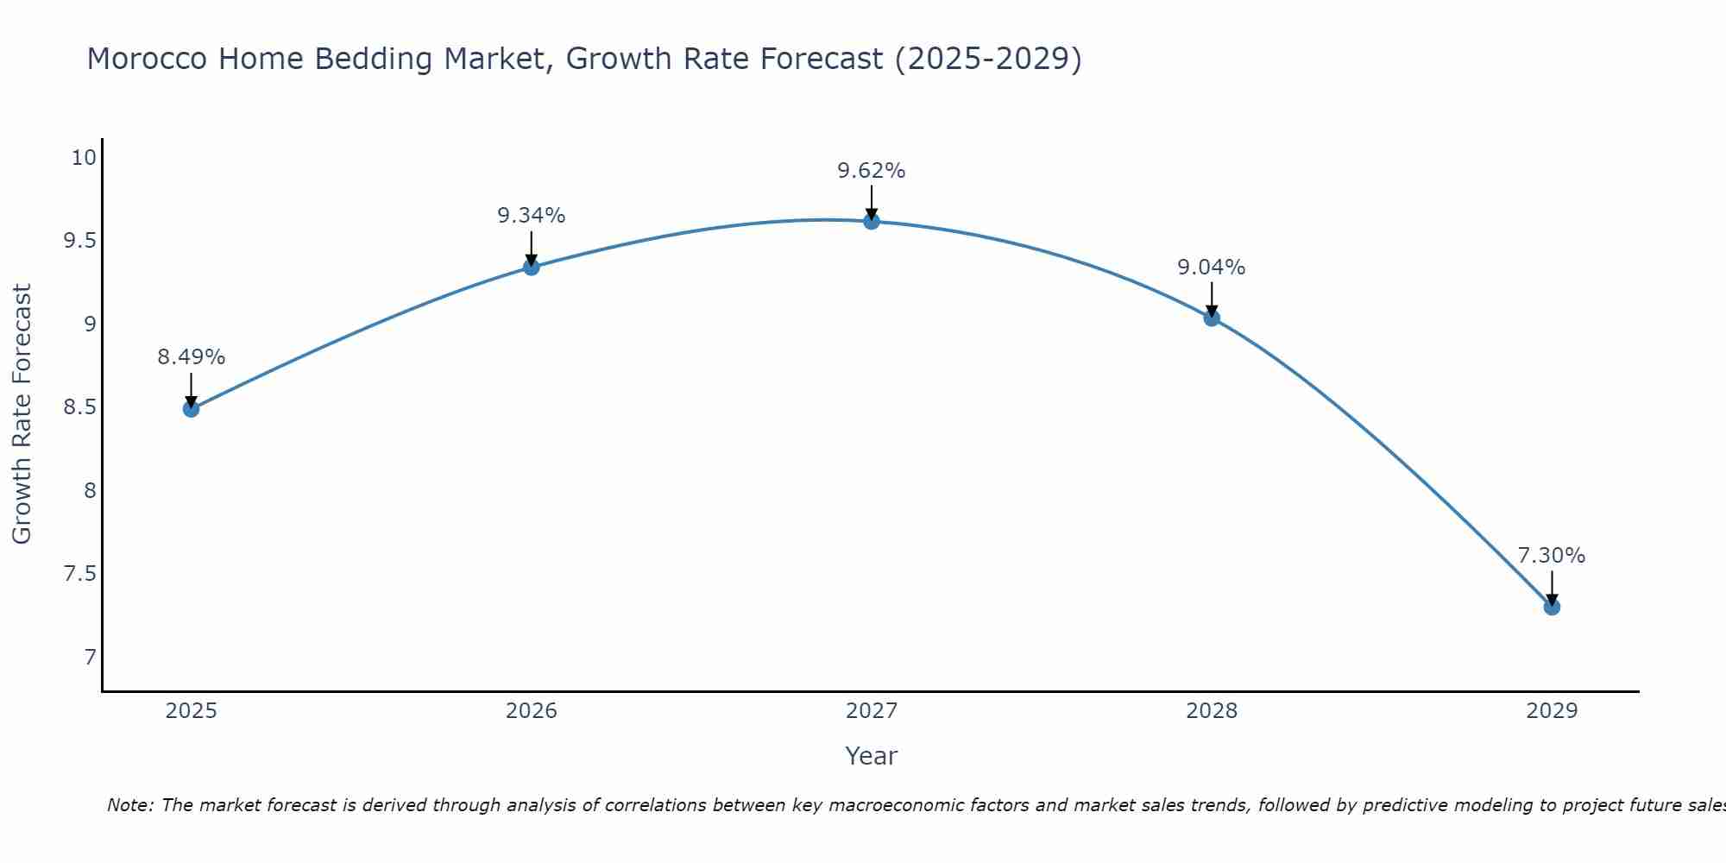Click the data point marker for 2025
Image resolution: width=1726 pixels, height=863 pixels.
[191, 408]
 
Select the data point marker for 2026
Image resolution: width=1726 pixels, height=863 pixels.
[532, 267]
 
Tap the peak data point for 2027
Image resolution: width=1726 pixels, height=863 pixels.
[872, 221]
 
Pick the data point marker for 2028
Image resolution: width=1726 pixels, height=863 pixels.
[1212, 318]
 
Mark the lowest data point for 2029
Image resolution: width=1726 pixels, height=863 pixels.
[1552, 607]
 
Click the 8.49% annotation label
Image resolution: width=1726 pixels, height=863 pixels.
[191, 357]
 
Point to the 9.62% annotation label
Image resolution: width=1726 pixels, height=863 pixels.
[872, 171]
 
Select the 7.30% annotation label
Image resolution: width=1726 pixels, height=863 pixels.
[1552, 556]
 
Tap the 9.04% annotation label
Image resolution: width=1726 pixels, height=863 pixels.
[1212, 268]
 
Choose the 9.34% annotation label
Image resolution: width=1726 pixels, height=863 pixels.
[532, 216]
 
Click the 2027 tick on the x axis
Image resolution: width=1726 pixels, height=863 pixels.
[872, 711]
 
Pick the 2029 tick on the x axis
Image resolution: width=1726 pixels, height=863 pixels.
[1552, 711]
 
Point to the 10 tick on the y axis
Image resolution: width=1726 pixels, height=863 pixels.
[84, 158]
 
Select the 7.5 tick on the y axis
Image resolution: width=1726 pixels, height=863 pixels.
[80, 574]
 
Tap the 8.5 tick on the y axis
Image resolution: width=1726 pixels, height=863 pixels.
[80, 407]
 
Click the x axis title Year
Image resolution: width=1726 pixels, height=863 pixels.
[872, 756]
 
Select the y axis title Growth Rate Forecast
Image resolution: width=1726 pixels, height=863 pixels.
[22, 414]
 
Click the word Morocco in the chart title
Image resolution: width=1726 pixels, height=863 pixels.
[147, 60]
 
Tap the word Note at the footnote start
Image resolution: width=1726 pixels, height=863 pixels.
[129, 805]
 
